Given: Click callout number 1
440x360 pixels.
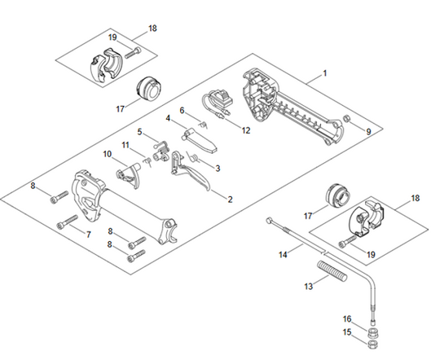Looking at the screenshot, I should [x=324, y=73].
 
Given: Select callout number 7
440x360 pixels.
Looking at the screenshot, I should [x=88, y=235].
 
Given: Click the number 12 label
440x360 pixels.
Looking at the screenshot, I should [x=247, y=130].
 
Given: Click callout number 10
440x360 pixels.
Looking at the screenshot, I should [x=108, y=153].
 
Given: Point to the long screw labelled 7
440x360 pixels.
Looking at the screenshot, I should [x=67, y=222].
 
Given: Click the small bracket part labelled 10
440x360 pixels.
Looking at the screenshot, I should [x=124, y=173].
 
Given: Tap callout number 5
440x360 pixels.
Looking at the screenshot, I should [x=140, y=131].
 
